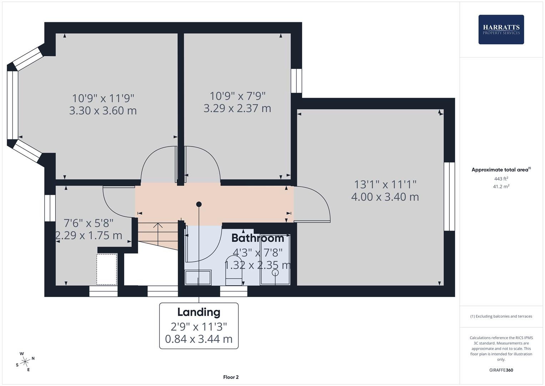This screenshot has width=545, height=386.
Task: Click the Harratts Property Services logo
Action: pos(501,30)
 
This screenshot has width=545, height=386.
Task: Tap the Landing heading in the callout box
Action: pos(199,312)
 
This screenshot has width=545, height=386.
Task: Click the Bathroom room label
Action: pos(257,238)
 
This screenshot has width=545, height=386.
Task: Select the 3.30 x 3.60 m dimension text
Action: pos(103,110)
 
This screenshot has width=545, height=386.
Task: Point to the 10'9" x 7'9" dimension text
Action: pos(237,96)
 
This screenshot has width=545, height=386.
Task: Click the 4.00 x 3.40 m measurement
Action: pos(385,197)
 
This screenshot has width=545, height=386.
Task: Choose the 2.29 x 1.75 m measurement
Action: pos(89,236)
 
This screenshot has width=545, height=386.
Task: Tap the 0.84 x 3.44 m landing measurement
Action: pos(199,339)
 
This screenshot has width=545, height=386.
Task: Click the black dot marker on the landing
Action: pos(199,204)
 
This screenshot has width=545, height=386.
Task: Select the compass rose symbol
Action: pos(25,362)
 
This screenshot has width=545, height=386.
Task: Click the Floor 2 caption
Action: pos(231,377)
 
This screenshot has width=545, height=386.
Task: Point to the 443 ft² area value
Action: pos(501,179)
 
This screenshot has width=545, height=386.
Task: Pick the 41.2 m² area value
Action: pos(501,186)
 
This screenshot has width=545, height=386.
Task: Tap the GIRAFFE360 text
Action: pos(501,370)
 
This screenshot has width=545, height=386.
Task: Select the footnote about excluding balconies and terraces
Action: pos(501,316)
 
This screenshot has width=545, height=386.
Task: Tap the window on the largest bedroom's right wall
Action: pos(449,197)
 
